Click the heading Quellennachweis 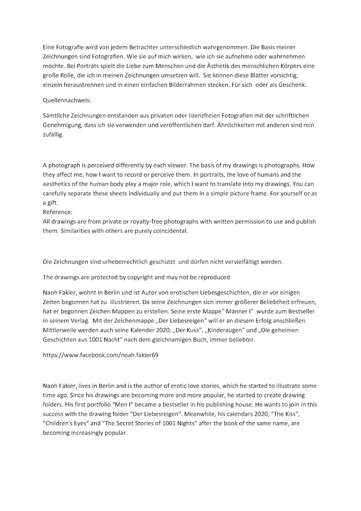pos(64,100)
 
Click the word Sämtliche pos(58,116)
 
